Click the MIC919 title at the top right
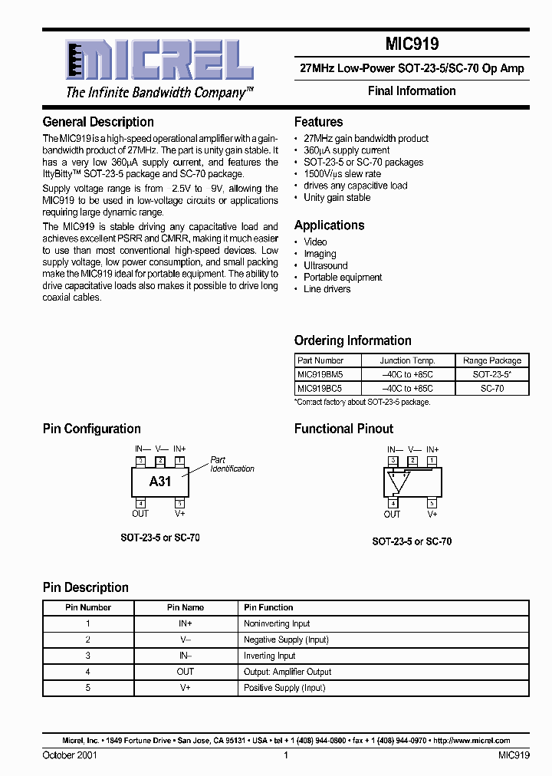coord(412,44)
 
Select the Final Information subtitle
coord(412,90)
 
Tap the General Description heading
coord(98,122)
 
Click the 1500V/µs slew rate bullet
coord(342,174)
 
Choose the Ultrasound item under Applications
coord(325,265)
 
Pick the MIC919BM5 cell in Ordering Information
coord(320,375)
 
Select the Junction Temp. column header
coord(408,360)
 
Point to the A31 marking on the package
coord(160,482)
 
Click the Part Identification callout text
coord(232,465)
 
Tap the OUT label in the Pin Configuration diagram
coord(140,514)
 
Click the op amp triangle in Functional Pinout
coord(399,482)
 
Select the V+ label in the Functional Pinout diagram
coord(432,515)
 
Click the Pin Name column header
coord(186,607)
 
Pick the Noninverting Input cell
coord(277,624)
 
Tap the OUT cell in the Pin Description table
coord(186,672)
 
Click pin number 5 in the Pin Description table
coord(88,688)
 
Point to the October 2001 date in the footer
coord(70,755)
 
